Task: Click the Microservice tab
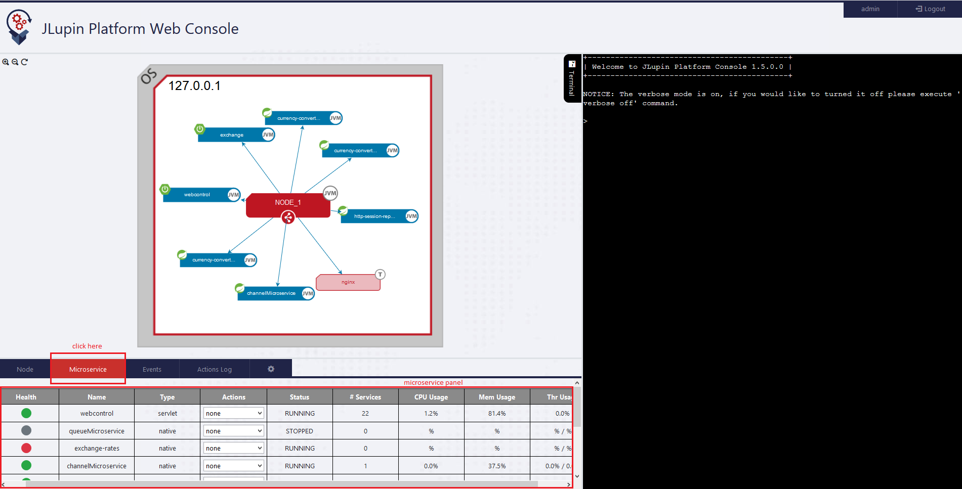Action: pos(88,369)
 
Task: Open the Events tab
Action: pos(152,369)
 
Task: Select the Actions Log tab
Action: pos(215,369)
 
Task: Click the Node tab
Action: pos(25,369)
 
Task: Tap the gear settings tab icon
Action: pos(271,369)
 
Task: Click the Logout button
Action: pos(930,9)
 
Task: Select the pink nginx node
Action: pos(348,282)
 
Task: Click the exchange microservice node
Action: pos(232,135)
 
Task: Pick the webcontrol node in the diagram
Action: pos(197,195)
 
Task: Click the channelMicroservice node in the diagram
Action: pos(271,293)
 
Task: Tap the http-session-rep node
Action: pos(374,216)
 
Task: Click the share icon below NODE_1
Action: pos(288,217)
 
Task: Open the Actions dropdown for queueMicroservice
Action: pos(233,431)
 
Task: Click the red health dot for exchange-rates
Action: pos(26,448)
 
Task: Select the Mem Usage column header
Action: pos(497,397)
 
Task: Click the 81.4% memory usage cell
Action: pos(497,413)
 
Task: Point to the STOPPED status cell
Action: pos(300,431)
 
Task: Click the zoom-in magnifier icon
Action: pos(6,62)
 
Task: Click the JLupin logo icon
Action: pos(19,26)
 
